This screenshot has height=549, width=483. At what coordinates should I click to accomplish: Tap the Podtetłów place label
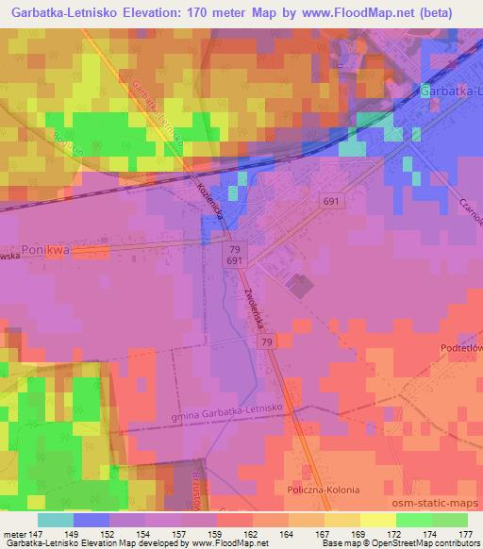pyautogui.click(x=460, y=347)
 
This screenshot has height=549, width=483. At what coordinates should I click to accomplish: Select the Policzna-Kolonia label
pyautogui.click(x=325, y=491)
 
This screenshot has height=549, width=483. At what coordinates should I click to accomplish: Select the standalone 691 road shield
pyautogui.click(x=330, y=202)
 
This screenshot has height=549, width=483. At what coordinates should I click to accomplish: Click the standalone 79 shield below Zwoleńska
pyautogui.click(x=267, y=341)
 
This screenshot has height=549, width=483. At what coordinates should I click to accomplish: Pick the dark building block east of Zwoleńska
pyautogui.click(x=299, y=287)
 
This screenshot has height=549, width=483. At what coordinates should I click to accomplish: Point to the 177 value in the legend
pyautogui.click(x=466, y=533)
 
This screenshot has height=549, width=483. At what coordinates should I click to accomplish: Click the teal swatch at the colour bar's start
pyautogui.click(x=56, y=520)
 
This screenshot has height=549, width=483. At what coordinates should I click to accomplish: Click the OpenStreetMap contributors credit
pyautogui.click(x=431, y=543)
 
